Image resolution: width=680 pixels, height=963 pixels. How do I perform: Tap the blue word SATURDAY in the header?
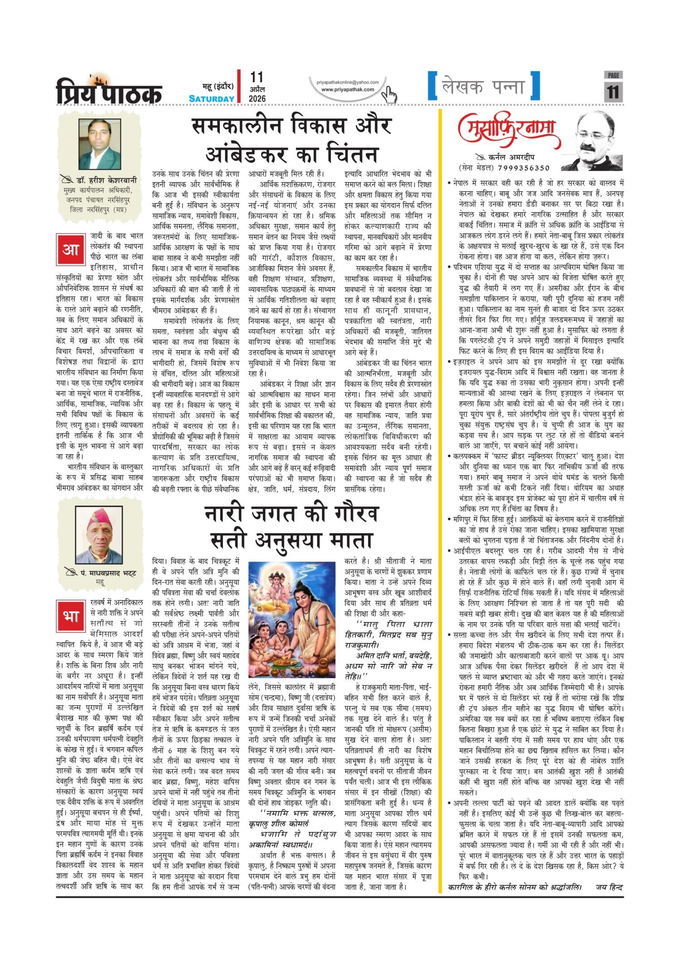pyautogui.click(x=212, y=98)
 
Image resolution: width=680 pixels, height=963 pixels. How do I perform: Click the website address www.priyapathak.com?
pyautogui.click(x=348, y=89)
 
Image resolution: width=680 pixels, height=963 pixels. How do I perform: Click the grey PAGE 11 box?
pyautogui.click(x=613, y=87)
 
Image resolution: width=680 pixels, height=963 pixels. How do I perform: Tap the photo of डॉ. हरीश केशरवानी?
pyautogui.click(x=100, y=144)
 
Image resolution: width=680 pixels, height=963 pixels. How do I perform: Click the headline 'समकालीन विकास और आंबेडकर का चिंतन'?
pyautogui.click(x=291, y=140)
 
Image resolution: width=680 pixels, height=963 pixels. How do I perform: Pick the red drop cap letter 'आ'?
pyautogui.click(x=70, y=250)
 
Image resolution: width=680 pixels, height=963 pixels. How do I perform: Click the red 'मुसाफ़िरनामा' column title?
pyautogui.click(x=509, y=132)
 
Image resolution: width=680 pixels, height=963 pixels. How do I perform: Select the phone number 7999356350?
pyautogui.click(x=523, y=168)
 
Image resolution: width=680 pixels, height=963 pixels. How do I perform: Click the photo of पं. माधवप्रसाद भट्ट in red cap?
pyautogui.click(x=99, y=535)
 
